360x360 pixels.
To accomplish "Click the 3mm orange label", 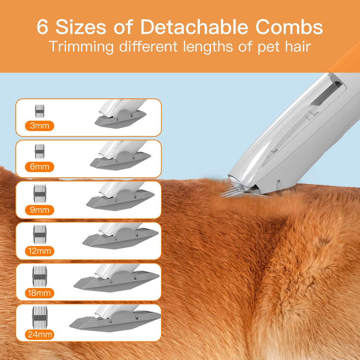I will point(40,126).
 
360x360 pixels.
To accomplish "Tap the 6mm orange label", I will point(40,167).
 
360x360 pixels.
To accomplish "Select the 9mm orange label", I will point(40,209).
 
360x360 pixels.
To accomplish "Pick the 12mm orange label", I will point(40,251).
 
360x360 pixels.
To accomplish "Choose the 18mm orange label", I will point(40,293).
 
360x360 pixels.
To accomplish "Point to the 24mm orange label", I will point(40,334).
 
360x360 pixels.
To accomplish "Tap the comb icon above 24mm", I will point(40,316).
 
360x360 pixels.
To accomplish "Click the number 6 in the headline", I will point(42,28).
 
